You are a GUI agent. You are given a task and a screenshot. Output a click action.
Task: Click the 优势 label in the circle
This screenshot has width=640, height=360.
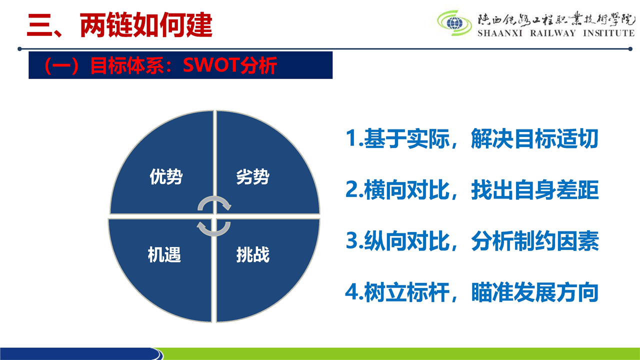pos(166,176)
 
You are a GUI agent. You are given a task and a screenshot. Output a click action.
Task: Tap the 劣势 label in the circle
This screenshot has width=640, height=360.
pos(253,176)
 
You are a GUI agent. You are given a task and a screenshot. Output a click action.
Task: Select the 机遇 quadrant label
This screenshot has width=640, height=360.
pos(164,254)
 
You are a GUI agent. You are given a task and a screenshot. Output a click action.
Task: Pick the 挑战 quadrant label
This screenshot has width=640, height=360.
pos(253,254)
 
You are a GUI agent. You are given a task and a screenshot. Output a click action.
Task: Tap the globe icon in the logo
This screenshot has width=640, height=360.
pos(454,23)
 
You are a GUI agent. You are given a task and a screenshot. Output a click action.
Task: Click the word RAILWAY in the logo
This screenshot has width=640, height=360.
pos(553,33)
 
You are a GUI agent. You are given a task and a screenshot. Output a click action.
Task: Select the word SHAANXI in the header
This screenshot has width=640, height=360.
pos(500,33)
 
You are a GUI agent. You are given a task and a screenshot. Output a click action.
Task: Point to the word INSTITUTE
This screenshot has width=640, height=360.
pos(608,33)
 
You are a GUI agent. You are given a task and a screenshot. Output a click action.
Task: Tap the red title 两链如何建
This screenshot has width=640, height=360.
pos(146,25)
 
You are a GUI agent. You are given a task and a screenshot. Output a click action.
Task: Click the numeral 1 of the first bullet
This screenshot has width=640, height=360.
pos(351,138)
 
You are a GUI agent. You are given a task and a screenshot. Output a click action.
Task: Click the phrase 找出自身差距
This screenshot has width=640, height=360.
pos(535,189)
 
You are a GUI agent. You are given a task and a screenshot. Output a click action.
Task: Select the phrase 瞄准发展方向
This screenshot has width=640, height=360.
pos(535,292)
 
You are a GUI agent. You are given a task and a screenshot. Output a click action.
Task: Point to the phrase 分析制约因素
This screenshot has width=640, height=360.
pos(535,241)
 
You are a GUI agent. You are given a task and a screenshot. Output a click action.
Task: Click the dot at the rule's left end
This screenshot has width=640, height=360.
pos(19,49)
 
